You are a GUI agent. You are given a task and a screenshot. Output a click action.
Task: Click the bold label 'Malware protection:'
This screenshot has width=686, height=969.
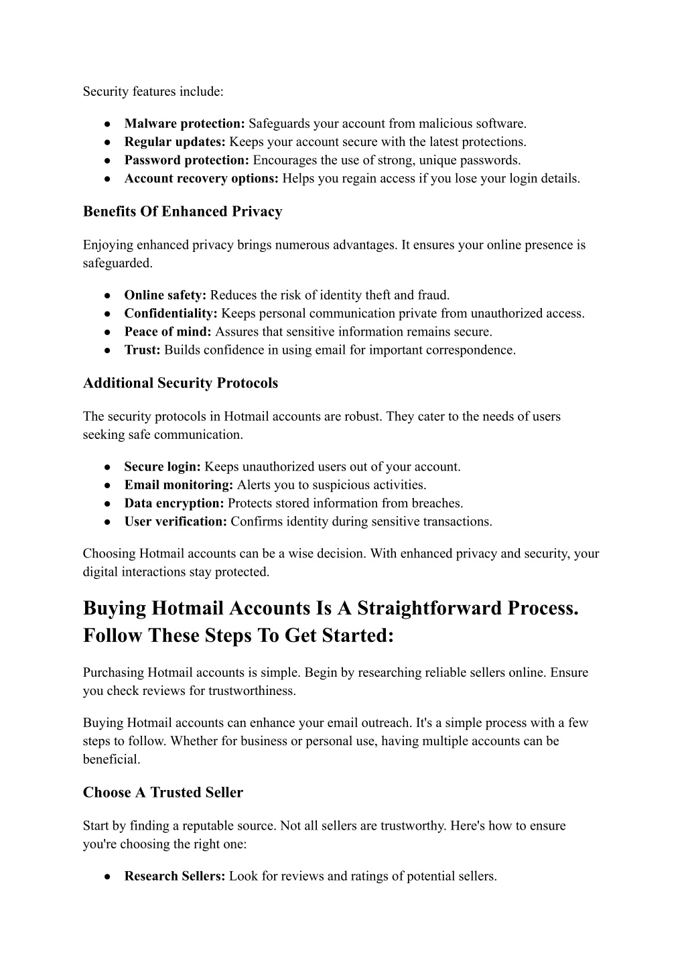click(x=185, y=124)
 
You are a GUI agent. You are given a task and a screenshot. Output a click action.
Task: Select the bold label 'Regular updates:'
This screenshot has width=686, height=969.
click(x=176, y=142)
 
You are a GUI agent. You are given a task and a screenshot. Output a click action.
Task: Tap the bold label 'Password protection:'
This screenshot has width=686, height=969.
click(x=187, y=160)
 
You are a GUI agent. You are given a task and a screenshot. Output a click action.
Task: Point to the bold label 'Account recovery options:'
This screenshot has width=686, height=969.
click(x=202, y=178)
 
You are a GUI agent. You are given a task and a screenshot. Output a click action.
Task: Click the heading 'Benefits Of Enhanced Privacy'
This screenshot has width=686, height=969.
click(x=182, y=212)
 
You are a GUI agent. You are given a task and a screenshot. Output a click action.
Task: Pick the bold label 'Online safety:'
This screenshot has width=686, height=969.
click(x=165, y=296)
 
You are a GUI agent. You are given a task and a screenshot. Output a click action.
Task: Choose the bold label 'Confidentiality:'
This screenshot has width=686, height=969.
click(x=171, y=314)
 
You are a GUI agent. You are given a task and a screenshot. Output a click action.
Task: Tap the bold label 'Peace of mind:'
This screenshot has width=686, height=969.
click(x=168, y=332)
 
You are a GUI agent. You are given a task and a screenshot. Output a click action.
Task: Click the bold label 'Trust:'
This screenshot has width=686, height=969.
click(x=143, y=350)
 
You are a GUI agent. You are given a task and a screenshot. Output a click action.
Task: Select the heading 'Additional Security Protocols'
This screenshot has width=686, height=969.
click(x=180, y=383)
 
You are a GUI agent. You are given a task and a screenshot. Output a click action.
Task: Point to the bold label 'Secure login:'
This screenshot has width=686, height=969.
click(x=163, y=467)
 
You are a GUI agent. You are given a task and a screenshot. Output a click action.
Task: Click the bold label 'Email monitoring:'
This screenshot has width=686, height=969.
click(x=179, y=485)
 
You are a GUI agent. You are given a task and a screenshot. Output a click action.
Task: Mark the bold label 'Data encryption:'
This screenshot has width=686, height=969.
click(x=174, y=503)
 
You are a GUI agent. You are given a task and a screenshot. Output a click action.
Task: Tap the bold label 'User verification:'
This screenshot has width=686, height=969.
click(x=176, y=521)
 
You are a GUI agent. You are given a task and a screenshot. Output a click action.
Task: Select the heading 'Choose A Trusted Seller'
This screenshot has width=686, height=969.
click(x=163, y=793)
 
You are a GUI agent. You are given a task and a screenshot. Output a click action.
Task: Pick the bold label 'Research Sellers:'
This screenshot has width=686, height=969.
click(x=175, y=877)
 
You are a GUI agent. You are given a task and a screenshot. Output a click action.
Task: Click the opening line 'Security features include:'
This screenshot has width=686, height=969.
click(x=153, y=91)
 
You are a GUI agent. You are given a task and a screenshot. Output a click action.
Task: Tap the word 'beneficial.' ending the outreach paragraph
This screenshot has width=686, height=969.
click(x=112, y=759)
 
